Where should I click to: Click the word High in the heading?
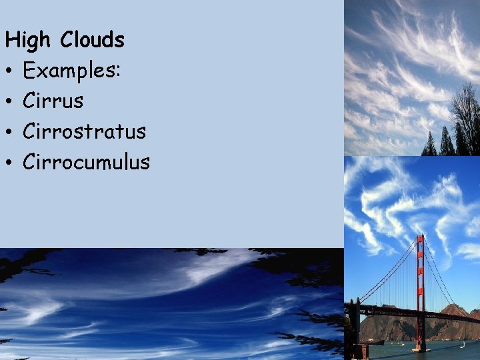pos(27,41)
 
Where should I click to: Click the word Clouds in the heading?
pos(92,40)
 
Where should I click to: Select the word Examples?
pos(71,70)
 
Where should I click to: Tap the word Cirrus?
pos(53,101)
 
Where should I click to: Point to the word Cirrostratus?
pos(84,131)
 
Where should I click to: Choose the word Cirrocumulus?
pos(86,161)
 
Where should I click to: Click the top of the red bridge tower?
pos(420,237)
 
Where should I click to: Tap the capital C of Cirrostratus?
pos(29,131)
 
